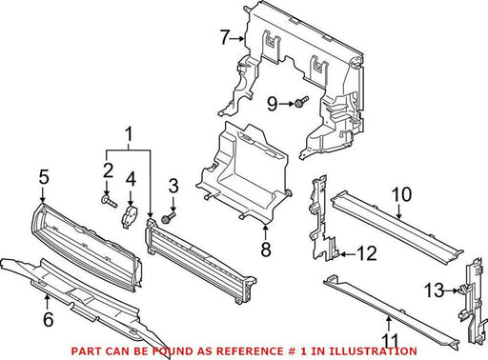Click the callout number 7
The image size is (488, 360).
(x=225, y=37)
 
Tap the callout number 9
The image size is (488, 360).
(x=273, y=104)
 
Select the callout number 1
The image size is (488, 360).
(x=129, y=134)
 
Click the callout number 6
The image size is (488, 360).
(x=49, y=319)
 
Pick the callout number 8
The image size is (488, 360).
(x=266, y=249)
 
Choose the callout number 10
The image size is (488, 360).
(x=401, y=194)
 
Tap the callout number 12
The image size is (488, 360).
(x=368, y=253)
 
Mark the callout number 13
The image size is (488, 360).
(x=435, y=290)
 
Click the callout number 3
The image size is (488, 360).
(x=173, y=186)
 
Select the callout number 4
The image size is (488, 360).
(x=131, y=179)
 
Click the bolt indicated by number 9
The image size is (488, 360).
(x=301, y=102)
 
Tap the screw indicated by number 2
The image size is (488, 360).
(x=110, y=202)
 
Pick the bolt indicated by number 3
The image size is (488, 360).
(x=169, y=218)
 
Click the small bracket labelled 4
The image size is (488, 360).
(x=130, y=216)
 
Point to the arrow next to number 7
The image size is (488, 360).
(x=237, y=38)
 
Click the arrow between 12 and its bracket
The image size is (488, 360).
(x=347, y=254)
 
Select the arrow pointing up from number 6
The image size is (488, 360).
(x=48, y=302)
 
